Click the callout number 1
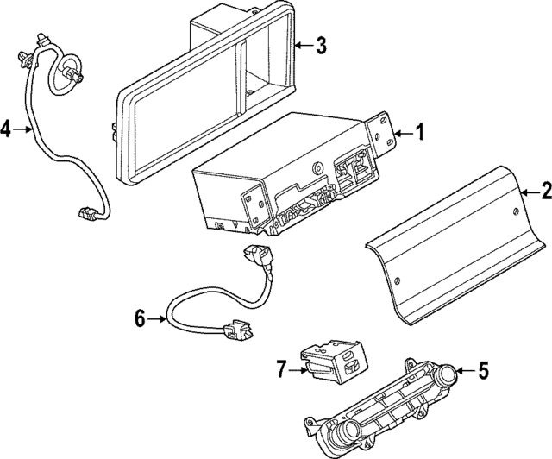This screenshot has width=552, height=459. [x=420, y=133]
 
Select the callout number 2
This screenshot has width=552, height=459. [x=544, y=191]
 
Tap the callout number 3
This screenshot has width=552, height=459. [x=320, y=46]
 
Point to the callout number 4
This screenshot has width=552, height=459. [x=7, y=130]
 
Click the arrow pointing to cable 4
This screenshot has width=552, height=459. [x=24, y=130]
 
